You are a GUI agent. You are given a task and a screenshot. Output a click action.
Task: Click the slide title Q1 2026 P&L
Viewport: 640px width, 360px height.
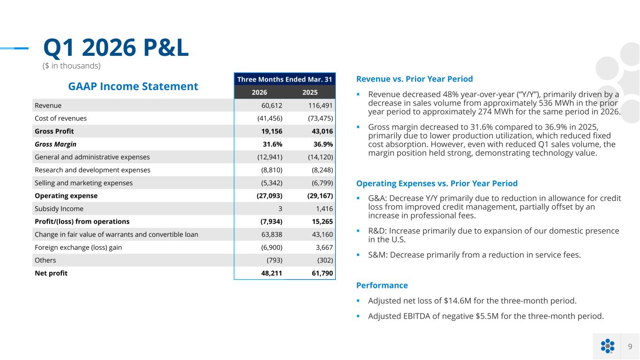tap(116, 47)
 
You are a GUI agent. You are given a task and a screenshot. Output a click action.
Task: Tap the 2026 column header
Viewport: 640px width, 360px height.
tap(259, 92)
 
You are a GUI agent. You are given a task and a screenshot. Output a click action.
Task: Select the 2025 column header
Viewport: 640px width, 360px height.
tap(310, 92)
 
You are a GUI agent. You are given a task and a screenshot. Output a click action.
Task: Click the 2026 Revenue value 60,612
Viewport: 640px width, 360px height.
tap(272, 105)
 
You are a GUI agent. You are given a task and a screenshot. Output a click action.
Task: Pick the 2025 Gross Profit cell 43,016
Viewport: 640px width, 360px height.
tap(322, 131)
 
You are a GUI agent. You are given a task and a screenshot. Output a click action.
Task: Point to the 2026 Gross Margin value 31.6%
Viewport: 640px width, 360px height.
tap(272, 144)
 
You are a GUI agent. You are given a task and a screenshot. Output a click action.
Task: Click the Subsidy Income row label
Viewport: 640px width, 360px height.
tap(59, 209)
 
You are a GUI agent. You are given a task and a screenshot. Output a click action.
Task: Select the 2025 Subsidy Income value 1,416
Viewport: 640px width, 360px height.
tap(324, 209)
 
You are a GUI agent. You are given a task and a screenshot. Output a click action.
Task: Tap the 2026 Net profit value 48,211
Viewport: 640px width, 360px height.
tap(271, 273)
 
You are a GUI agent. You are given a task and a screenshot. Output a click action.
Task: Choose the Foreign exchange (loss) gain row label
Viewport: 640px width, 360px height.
tap(78, 247)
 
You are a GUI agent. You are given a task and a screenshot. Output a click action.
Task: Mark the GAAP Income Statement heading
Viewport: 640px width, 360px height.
tap(133, 86)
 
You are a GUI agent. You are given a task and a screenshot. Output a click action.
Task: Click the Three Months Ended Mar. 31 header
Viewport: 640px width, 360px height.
tap(285, 79)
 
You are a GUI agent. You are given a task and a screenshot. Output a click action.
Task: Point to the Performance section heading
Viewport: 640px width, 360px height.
tap(382, 285)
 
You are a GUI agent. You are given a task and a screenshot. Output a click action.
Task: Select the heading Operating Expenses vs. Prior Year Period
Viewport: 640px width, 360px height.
tap(437, 183)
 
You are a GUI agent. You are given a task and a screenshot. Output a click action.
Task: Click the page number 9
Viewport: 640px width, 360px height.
tap(630, 346)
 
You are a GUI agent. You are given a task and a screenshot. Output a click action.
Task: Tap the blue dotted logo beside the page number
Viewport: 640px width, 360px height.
tap(608, 346)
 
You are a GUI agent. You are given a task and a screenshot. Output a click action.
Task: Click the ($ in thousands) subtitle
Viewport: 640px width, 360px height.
tap(71, 66)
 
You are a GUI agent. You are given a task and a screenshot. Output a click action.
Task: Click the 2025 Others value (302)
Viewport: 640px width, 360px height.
tap(325, 260)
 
